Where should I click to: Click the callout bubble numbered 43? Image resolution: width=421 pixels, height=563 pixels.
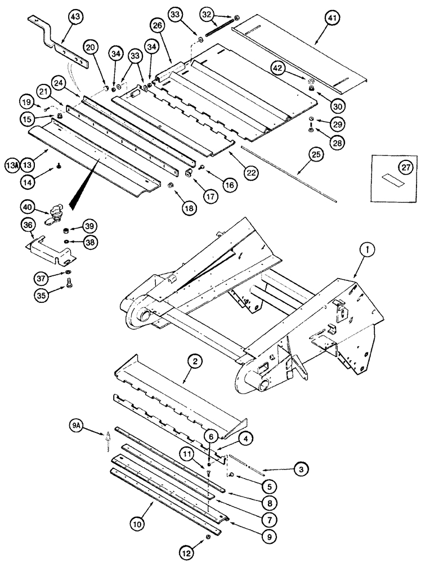pyautogui.click(x=75, y=18)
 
